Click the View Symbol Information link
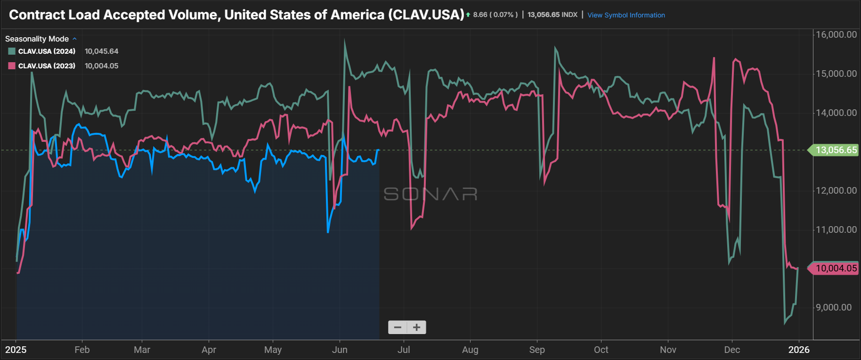tap(626, 15)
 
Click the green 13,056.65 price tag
tap(835, 150)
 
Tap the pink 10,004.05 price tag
tap(835, 269)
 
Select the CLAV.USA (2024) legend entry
tap(46, 51)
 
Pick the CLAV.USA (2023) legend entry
tap(46, 66)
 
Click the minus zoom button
tap(398, 327)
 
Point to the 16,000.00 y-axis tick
tap(836, 34)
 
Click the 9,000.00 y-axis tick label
tap(834, 307)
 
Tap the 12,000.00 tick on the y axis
tap(836, 190)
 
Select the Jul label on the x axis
tap(404, 350)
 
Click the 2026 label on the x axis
tap(799, 350)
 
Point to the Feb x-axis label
tap(82, 350)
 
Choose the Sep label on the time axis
tap(537, 350)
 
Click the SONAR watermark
tap(430, 194)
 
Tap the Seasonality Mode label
tap(37, 39)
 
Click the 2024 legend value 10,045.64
tap(101, 51)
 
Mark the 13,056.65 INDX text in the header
tap(552, 15)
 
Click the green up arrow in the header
tap(468, 15)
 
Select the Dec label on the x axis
tap(732, 350)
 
